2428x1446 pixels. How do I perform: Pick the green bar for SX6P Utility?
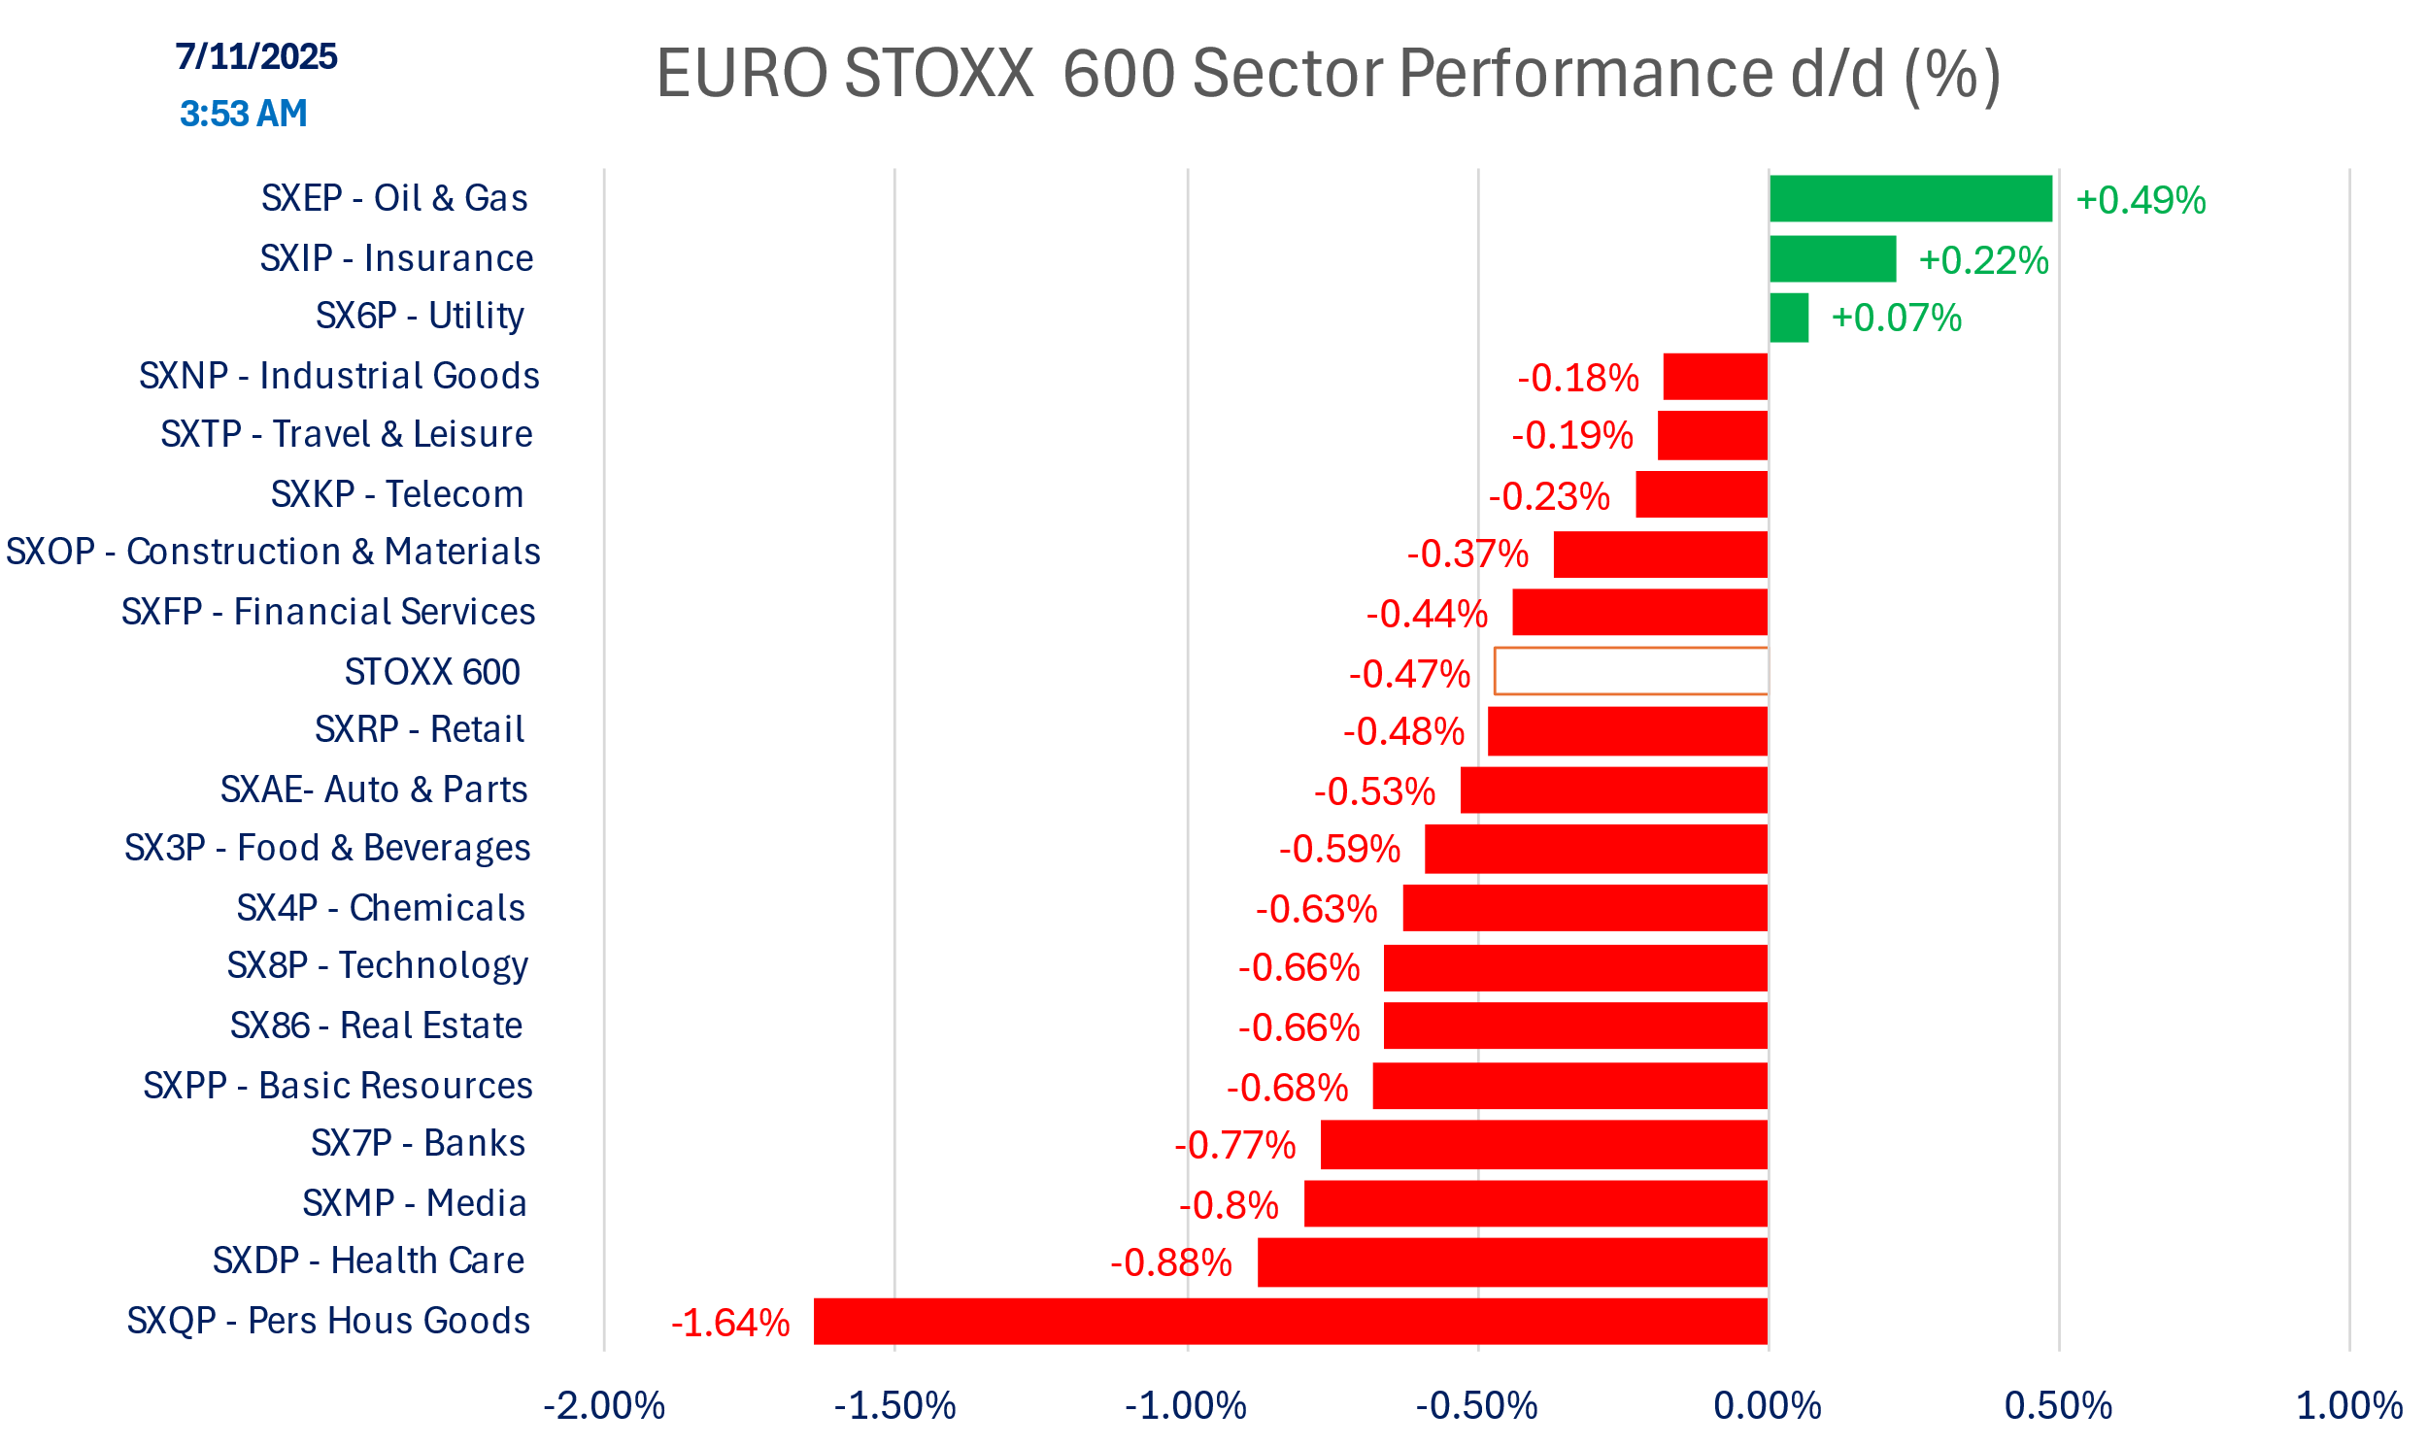pos(1789,318)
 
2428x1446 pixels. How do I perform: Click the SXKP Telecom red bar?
pos(1702,494)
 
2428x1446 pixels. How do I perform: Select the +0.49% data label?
pos(2141,201)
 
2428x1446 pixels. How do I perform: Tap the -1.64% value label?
pos(730,1324)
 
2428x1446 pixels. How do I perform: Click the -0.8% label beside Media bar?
pos(1229,1205)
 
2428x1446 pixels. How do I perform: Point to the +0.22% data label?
pos(1984,261)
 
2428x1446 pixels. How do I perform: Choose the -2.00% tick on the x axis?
pos(604,1406)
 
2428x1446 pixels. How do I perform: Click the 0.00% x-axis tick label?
pos(1768,1406)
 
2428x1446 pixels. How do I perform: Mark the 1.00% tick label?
pos(2349,1406)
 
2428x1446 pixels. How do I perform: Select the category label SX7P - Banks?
pos(418,1143)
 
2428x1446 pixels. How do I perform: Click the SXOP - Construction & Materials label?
pos(273,552)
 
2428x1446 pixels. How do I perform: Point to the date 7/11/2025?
pos(256,56)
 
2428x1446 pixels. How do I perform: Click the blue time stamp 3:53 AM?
pos(244,114)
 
